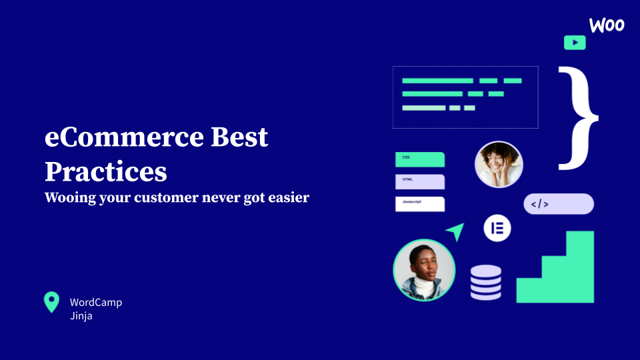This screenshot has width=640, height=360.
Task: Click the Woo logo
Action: pos(607,25)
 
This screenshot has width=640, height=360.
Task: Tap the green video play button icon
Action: pos(575,43)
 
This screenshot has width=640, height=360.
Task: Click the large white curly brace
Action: pos(578,118)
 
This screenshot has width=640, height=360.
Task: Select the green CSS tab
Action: pos(419,159)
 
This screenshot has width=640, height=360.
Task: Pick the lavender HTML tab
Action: pos(419,181)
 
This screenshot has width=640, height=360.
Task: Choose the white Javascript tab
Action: pos(419,204)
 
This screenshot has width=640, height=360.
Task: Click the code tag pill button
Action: pos(559,204)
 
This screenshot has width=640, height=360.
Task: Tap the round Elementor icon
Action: pos(497,228)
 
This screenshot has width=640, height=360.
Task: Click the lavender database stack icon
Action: pos(486,283)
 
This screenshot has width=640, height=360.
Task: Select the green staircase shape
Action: pos(555,267)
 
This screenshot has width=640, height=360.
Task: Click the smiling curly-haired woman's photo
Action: pos(499,165)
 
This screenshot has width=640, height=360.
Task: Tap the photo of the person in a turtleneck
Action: pos(424,270)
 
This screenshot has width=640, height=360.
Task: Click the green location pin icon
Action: pos(51,301)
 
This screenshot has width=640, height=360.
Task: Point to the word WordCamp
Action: pos(96,303)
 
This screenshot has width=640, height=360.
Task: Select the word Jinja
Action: pos(81,316)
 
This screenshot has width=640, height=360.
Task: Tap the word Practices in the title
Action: pos(106,171)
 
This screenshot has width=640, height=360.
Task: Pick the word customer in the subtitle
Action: pos(166,197)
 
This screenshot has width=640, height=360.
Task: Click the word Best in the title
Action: pos(239,137)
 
